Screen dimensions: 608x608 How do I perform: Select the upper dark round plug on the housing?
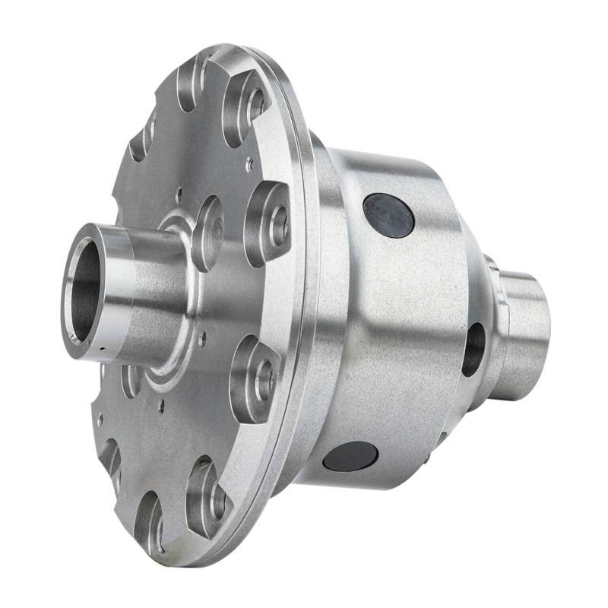[x=388, y=214]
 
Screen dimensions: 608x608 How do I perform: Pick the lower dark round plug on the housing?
[x=350, y=457]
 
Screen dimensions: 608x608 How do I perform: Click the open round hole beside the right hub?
[x=473, y=349]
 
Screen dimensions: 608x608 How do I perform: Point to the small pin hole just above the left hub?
[x=179, y=192]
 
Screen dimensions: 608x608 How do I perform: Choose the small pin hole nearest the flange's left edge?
[x=99, y=416]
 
